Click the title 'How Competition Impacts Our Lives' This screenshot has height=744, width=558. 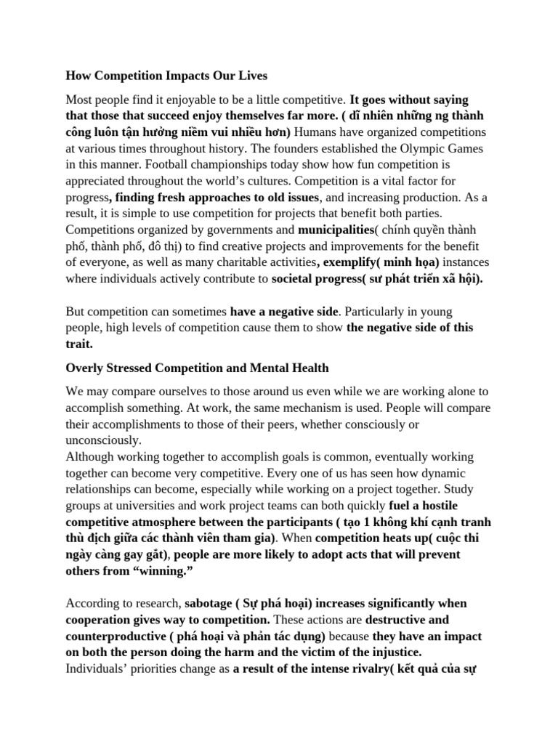[x=166, y=75]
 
